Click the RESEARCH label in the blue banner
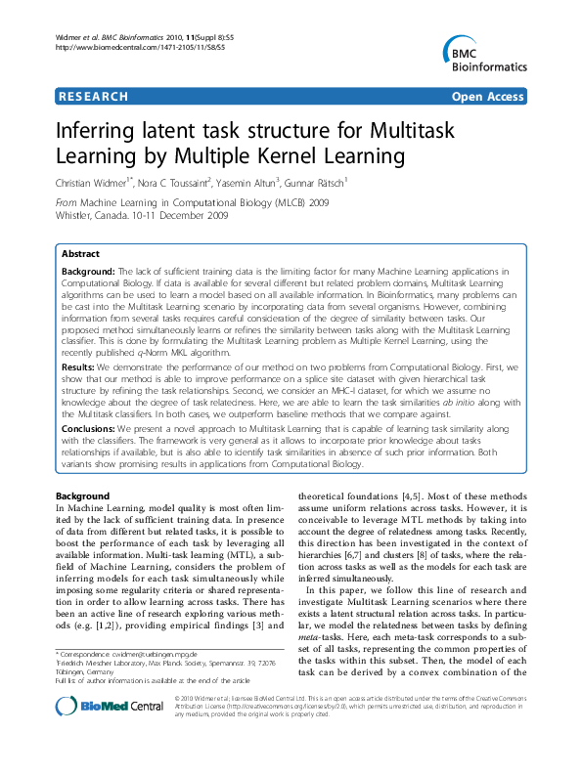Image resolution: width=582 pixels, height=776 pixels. click(94, 97)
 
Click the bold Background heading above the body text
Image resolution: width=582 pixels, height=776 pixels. click(82, 496)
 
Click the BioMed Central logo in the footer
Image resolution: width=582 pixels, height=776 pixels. click(97, 734)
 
